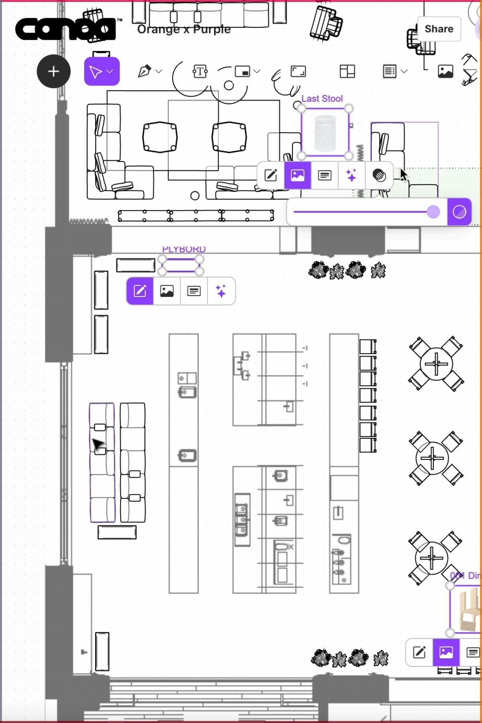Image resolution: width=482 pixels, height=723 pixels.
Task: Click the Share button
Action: [439, 29]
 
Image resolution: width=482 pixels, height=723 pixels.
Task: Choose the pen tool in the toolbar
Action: [145, 71]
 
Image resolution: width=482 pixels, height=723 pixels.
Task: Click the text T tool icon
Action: [200, 71]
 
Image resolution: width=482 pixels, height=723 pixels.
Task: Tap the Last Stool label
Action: [322, 99]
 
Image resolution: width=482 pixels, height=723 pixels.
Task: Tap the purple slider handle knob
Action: [433, 212]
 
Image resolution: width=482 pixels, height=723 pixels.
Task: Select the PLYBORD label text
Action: [184, 249]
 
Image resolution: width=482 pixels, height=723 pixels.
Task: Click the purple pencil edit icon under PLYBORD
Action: [140, 291]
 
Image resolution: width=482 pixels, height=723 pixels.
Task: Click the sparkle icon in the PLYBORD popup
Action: [221, 291]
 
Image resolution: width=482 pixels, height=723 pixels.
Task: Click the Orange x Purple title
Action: [184, 29]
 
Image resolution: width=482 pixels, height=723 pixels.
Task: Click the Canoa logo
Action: [64, 29]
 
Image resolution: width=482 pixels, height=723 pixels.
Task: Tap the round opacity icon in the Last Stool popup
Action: [379, 176]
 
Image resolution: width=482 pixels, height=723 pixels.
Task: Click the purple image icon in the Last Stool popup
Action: [298, 176]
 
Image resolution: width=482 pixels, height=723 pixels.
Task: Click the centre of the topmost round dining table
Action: [436, 364]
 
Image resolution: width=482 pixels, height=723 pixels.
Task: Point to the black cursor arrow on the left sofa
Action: [98, 444]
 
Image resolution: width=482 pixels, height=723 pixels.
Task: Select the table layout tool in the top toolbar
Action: [347, 71]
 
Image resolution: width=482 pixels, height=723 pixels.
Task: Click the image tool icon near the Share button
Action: [445, 71]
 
